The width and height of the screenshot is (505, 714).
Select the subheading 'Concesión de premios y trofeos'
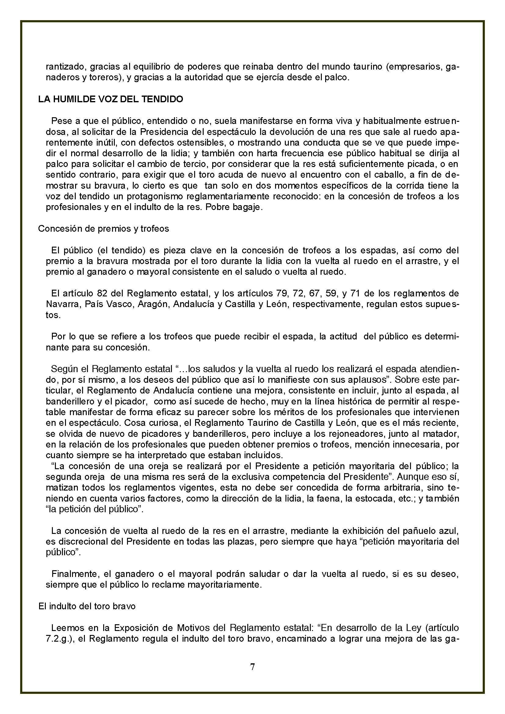click(x=104, y=229)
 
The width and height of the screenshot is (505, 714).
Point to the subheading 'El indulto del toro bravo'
click(x=87, y=606)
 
